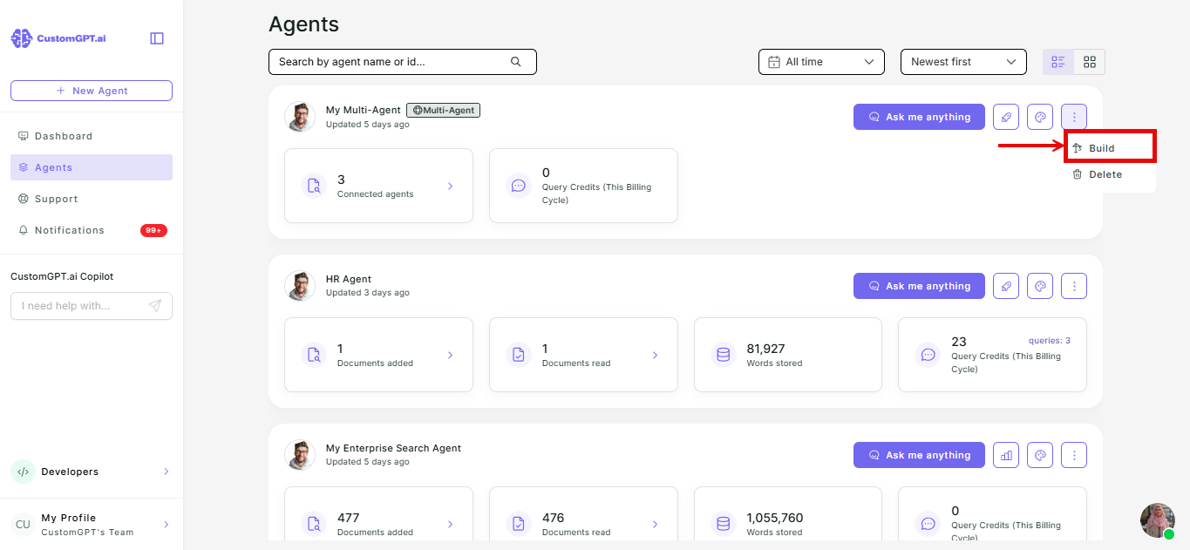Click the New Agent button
(x=92, y=91)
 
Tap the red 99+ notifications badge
(x=153, y=230)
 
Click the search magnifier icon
(x=515, y=62)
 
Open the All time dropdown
(x=821, y=62)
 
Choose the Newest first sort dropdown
(x=963, y=62)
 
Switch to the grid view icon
(x=1090, y=62)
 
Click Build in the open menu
(x=1101, y=148)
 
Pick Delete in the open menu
(x=1105, y=174)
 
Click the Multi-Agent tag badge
(x=443, y=110)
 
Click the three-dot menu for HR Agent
(x=1074, y=286)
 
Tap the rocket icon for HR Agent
(x=1006, y=286)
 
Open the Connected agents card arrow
(x=450, y=186)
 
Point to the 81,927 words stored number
(x=765, y=349)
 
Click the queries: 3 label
(x=1050, y=341)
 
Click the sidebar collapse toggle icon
(x=157, y=38)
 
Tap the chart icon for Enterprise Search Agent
(x=1006, y=455)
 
